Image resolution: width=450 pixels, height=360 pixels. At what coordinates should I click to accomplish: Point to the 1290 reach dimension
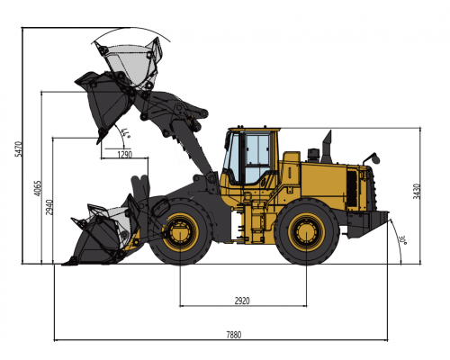125,155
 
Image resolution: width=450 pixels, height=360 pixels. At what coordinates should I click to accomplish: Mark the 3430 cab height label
417,191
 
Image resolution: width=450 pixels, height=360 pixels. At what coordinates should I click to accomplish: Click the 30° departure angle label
401,240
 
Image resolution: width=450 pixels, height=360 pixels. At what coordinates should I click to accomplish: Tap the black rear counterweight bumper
373,222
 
